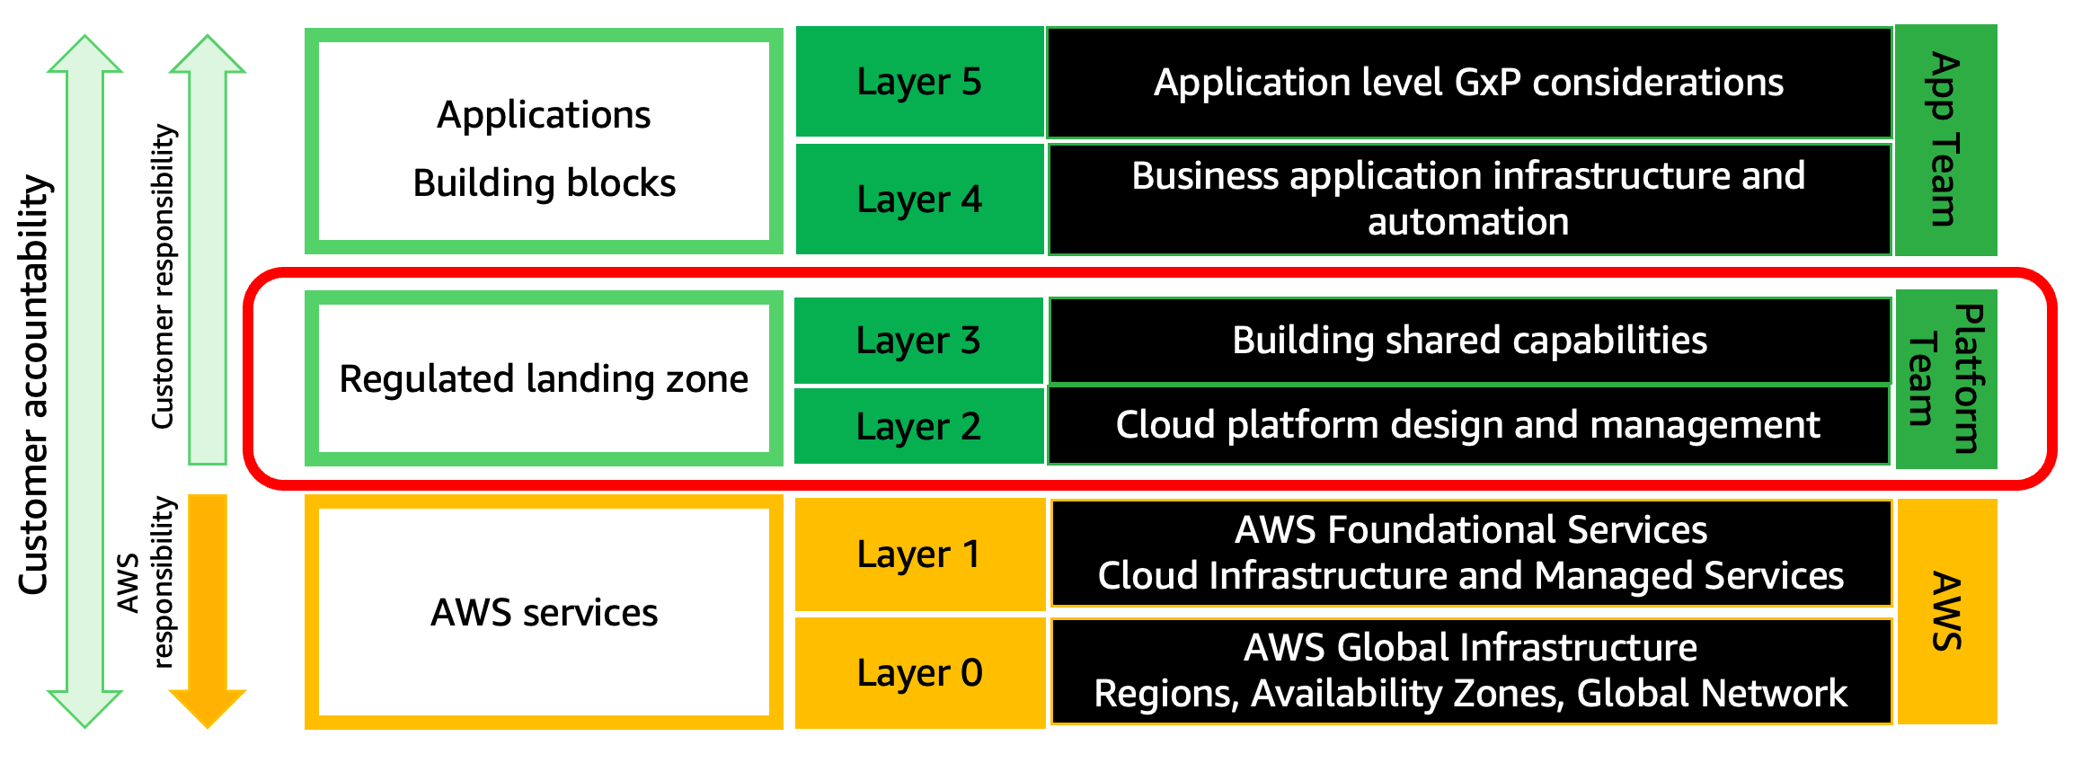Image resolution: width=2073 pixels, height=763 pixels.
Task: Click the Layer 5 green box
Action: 919,82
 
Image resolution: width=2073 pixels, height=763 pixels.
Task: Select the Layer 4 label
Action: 919,200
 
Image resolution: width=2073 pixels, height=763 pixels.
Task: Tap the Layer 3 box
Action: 918,341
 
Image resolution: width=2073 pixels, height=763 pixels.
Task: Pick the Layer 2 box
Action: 918,426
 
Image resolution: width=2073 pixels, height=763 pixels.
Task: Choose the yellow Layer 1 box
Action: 919,555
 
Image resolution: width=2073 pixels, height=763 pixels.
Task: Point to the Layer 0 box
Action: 919,672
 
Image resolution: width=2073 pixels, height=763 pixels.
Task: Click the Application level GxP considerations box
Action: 1468,83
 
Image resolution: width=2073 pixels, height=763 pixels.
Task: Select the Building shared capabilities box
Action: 1469,341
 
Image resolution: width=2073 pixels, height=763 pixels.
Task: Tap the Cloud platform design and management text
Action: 1467,425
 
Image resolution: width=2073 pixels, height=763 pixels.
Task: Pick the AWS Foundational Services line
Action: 1470,530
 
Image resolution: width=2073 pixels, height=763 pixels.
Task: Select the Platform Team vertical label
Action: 1945,378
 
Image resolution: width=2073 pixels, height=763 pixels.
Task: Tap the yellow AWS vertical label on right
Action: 1945,611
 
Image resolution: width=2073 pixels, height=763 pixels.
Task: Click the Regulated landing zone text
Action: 544,379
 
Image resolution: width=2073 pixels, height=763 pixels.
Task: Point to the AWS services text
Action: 544,613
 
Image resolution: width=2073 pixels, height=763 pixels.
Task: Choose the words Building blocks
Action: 544,183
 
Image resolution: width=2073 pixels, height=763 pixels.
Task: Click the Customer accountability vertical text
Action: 34,385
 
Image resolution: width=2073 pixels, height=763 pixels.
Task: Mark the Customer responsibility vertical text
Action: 163,277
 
